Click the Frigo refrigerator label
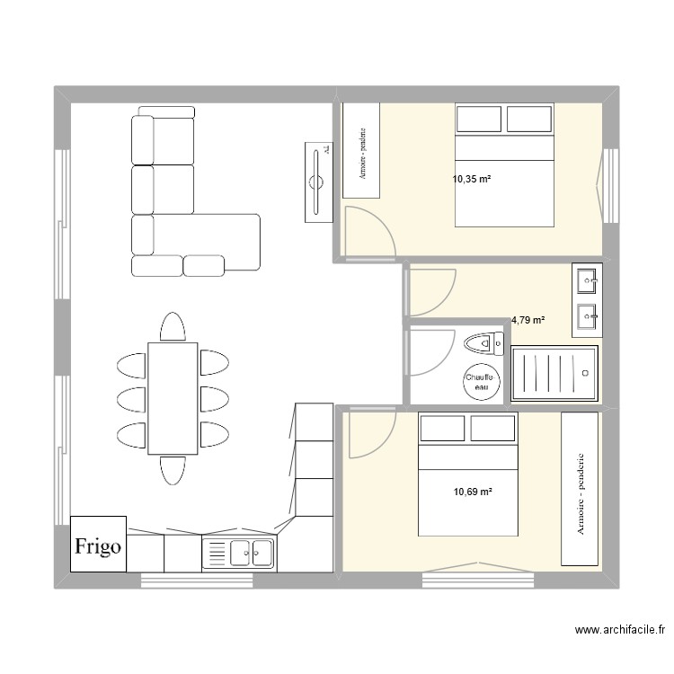tap(99, 545)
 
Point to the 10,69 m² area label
tap(473, 492)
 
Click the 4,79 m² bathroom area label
tap(528, 319)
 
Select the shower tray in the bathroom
tap(553, 373)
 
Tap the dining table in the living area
tap(173, 397)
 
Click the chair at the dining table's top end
tap(173, 326)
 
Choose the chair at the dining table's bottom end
tap(173, 469)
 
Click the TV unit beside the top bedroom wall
tap(316, 181)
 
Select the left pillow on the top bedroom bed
tap(478, 119)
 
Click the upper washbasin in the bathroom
tap(586, 280)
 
